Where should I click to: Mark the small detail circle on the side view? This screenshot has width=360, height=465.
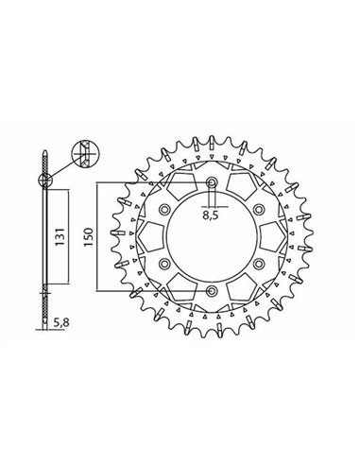[x=44, y=176]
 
